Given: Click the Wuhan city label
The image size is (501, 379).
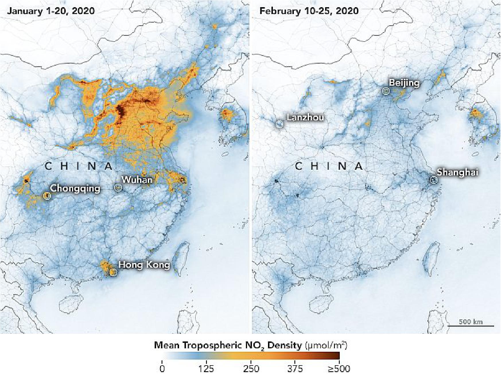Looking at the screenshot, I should [137, 180].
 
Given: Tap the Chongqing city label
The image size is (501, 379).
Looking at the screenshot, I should [75, 188].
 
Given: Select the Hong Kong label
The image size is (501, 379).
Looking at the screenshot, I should [144, 264].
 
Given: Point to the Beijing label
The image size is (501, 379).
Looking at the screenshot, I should [404, 83].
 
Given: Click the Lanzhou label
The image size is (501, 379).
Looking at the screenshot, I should [305, 117].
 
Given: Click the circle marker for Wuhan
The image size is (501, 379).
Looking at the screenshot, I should [118, 187].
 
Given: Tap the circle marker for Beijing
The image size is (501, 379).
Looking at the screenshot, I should [386, 91].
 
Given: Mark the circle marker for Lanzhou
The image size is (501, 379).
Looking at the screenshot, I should [279, 124].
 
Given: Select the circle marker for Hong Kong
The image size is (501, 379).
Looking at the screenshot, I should [114, 272].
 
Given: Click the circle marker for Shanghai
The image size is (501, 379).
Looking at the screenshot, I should [434, 180].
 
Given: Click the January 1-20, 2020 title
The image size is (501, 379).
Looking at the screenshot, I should [51, 11].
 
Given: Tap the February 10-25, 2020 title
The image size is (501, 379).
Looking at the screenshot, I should [309, 11].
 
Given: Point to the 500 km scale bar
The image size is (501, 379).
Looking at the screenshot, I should [471, 325].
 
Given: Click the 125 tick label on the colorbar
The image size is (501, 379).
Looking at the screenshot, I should [206, 369].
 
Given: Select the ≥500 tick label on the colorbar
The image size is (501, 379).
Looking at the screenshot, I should [339, 369].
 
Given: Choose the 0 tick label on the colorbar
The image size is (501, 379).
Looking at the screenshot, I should [162, 369].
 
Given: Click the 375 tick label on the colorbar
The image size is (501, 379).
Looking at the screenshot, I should [295, 369].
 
